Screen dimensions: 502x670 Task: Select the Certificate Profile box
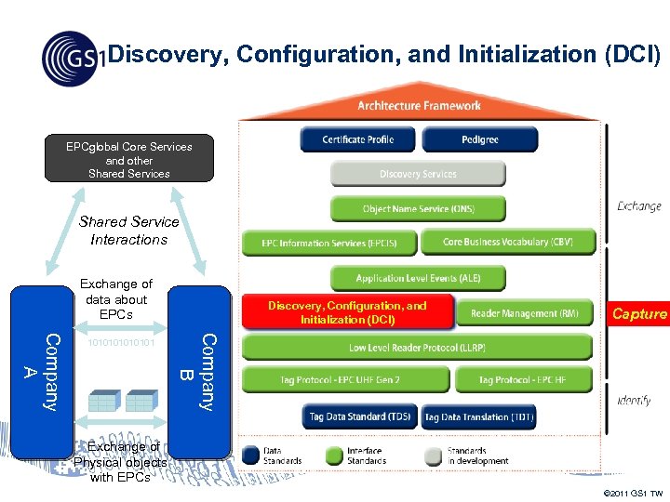357,139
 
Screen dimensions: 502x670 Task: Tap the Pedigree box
479,139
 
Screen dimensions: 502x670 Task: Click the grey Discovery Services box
418,174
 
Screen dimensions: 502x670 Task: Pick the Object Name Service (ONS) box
418,208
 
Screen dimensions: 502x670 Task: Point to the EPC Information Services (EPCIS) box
328,243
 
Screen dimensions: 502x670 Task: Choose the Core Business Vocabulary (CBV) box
507,242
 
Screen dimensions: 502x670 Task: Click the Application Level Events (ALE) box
418,278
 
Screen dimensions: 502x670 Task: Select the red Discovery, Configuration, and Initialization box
347,312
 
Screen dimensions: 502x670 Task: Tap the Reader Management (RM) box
524,313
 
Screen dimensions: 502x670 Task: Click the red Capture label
638,314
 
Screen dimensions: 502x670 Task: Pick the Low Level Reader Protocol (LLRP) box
417,348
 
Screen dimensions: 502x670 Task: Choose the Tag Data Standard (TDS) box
359,417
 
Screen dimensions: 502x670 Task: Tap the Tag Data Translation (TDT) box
479,417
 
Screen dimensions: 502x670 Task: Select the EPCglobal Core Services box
129,159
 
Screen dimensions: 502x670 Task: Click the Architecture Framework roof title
419,106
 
